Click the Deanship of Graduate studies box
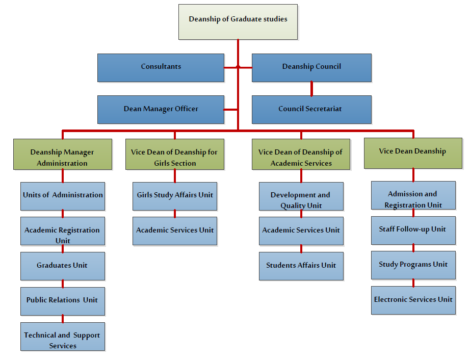click(x=238, y=21)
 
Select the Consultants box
click(x=161, y=67)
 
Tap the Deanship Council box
click(x=311, y=67)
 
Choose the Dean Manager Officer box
click(x=161, y=109)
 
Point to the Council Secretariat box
click(x=311, y=109)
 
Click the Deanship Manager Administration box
click(x=62, y=155)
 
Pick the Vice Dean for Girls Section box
click(x=174, y=155)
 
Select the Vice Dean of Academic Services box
click(x=301, y=155)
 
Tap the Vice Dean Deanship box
click(x=413, y=153)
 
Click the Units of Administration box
click(x=63, y=196)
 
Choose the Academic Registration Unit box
click(x=63, y=231)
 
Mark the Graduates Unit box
click(x=63, y=266)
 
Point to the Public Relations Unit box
click(x=63, y=301)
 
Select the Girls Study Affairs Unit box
click(x=175, y=196)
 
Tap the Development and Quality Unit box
click(x=301, y=196)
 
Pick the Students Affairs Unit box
click(x=301, y=266)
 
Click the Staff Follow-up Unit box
click(x=413, y=230)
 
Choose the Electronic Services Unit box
click(x=413, y=300)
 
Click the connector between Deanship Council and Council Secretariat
click(x=311, y=89)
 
